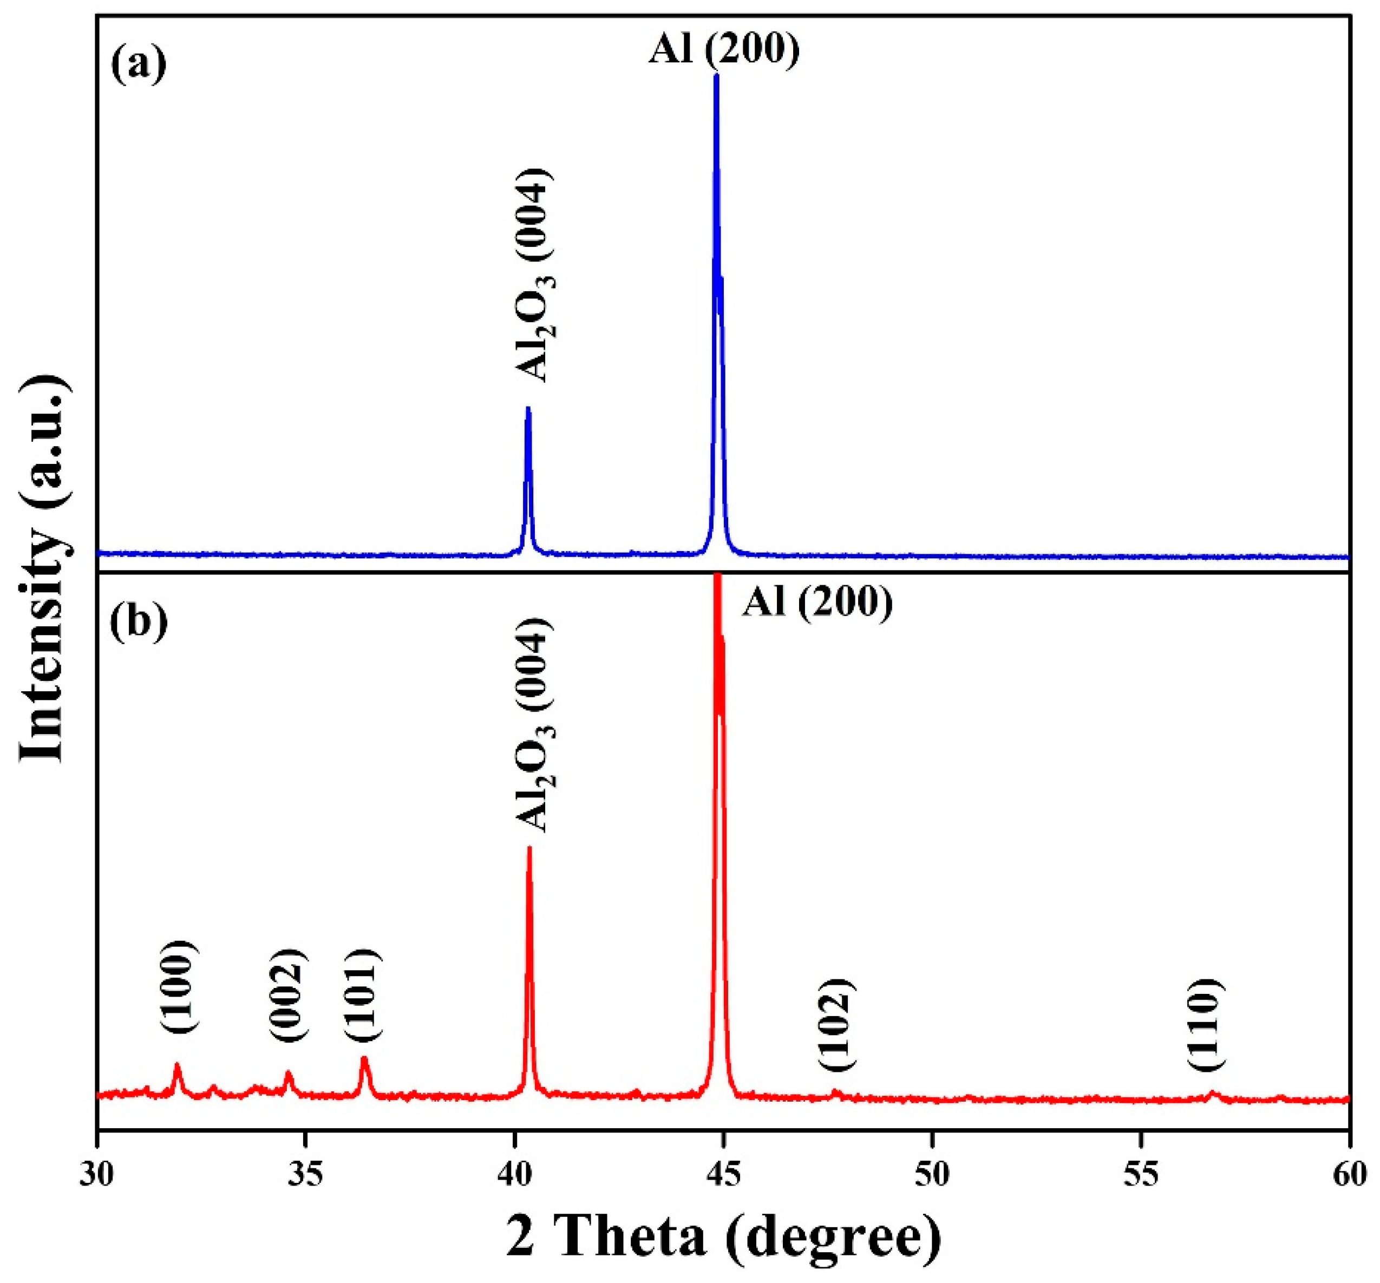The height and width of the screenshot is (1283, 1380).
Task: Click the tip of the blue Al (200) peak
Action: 716,75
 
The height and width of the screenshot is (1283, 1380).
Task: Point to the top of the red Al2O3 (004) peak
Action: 529,848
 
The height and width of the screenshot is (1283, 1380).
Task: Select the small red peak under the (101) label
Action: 364,1059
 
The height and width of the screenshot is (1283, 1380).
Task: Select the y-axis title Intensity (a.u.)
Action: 47,570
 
